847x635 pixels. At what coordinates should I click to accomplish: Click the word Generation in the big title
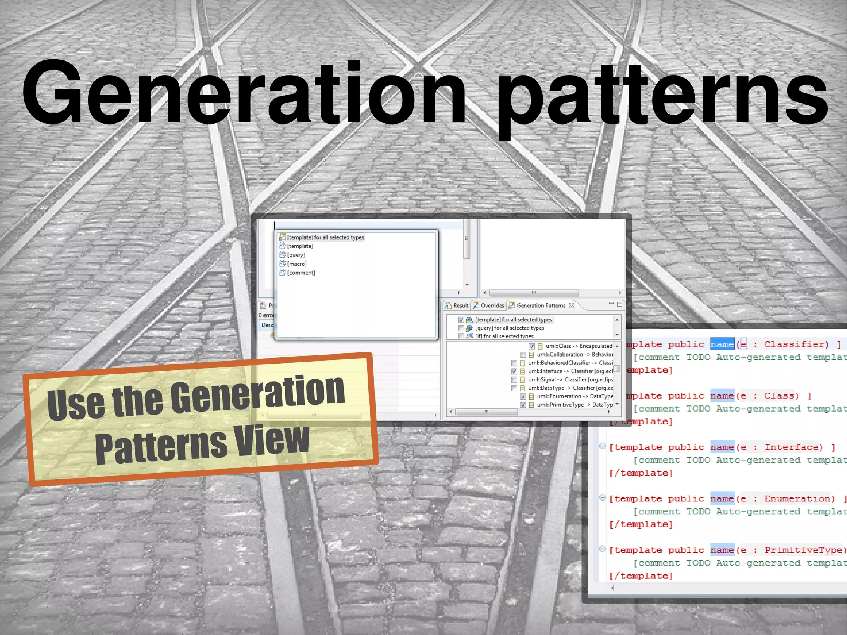(x=244, y=93)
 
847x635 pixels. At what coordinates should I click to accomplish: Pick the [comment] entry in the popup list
(x=301, y=273)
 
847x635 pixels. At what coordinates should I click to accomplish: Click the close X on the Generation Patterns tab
(x=572, y=305)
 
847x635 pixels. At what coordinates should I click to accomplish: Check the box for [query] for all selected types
(x=461, y=328)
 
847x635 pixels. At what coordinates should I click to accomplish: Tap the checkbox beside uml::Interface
(x=514, y=371)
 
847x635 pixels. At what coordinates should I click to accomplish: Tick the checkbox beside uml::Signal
(x=514, y=380)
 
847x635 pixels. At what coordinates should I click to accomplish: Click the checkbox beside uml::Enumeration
(x=523, y=396)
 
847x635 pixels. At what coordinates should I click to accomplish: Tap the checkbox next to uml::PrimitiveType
(x=523, y=405)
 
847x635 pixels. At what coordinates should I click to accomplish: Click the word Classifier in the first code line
(x=796, y=344)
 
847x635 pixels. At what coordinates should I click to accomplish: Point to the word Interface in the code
(x=793, y=447)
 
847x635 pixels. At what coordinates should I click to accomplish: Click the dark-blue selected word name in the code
(x=722, y=344)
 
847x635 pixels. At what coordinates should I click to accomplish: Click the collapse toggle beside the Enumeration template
(x=603, y=498)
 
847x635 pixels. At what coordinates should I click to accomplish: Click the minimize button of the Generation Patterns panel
(x=611, y=304)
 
